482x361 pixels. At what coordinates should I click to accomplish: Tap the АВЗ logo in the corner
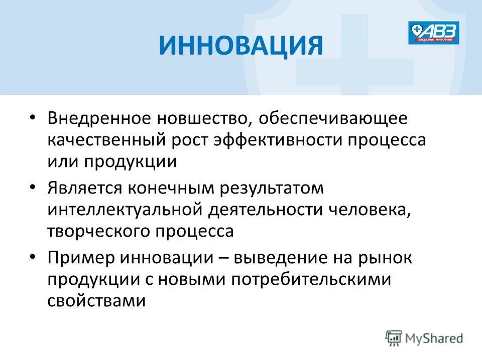[x=433, y=33]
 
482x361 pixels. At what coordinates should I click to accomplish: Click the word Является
[x=84, y=189]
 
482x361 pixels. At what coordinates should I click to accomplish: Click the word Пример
[x=80, y=259]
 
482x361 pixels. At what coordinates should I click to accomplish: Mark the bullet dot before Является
[x=33, y=188]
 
